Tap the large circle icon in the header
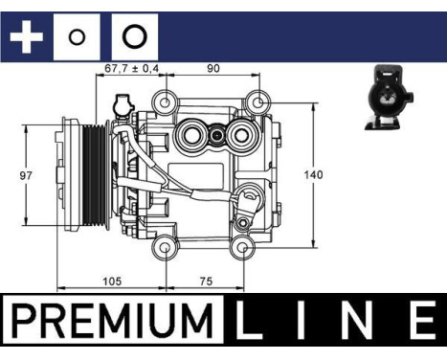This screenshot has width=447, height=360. (135, 36)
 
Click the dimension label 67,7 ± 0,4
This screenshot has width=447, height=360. (130, 68)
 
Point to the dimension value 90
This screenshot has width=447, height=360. (212, 68)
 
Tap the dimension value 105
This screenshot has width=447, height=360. (112, 281)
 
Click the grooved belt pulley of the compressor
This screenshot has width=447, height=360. (77, 175)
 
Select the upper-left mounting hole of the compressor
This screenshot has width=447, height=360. (168, 101)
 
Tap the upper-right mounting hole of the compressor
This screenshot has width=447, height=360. (256, 101)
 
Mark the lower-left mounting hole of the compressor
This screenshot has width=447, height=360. (168, 250)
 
